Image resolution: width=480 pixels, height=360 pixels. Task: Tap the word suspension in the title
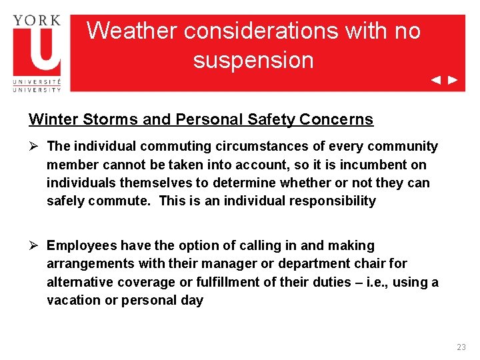[x=253, y=60]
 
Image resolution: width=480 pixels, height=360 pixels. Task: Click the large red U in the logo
[x=37, y=51]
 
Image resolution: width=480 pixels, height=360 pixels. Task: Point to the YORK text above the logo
[x=37, y=20]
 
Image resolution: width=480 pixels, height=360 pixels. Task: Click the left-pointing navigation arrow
[x=435, y=80]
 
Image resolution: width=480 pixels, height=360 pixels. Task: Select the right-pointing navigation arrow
[x=453, y=80]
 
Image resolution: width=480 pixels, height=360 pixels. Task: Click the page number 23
[x=461, y=347]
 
